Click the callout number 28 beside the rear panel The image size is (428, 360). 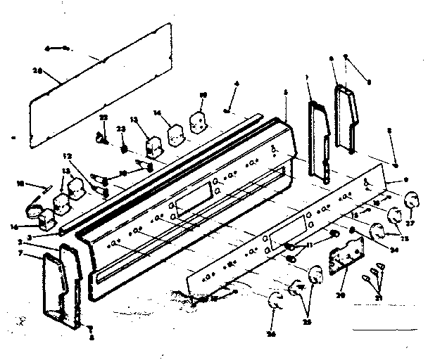(x=37, y=70)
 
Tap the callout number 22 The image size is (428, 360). (x=103, y=117)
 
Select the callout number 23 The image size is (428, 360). (x=121, y=129)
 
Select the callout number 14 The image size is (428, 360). (x=157, y=112)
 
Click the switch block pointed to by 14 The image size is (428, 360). (x=173, y=133)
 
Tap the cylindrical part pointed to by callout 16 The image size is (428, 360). (x=34, y=210)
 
